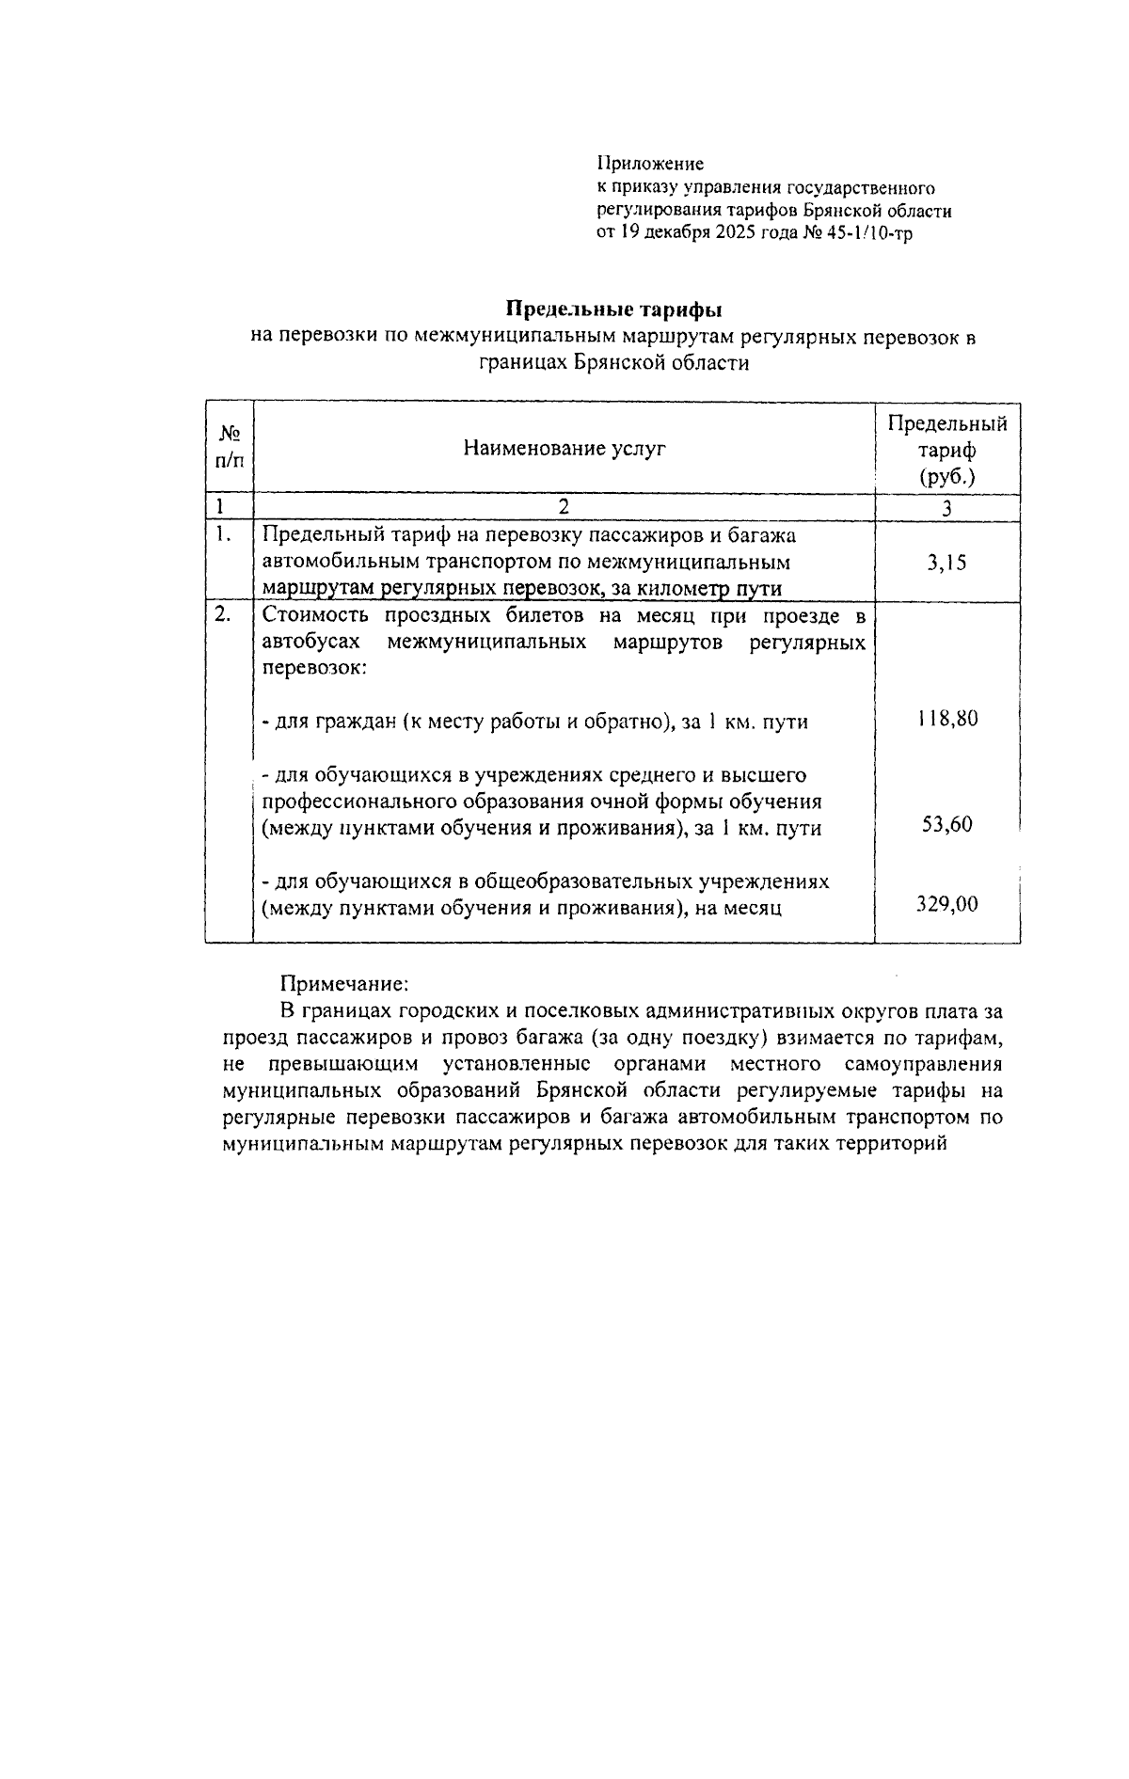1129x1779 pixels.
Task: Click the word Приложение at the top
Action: click(650, 164)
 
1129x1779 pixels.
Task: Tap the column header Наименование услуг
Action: click(564, 449)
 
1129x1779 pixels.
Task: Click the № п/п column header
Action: click(230, 447)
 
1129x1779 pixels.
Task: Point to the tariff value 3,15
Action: click(946, 564)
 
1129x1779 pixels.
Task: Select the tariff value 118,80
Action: click(946, 720)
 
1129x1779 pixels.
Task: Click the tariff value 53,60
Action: click(946, 826)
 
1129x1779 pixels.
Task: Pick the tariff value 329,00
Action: click(946, 905)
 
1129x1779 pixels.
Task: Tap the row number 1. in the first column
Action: click(221, 535)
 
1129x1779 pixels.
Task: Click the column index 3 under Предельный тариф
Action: click(946, 508)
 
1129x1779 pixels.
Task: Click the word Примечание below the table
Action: click(344, 984)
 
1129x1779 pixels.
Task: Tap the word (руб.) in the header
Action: click(946, 476)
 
